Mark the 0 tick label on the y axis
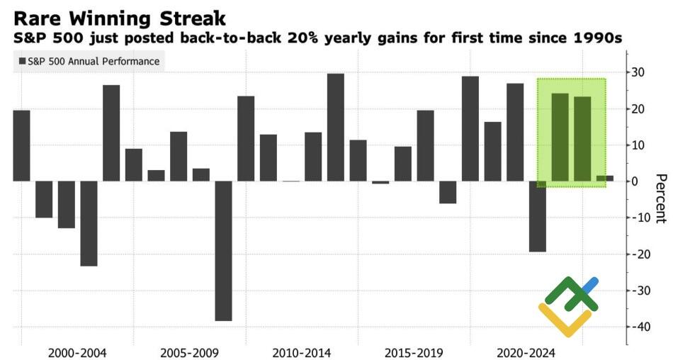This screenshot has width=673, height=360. point(637,181)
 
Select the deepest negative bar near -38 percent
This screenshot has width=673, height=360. point(224,251)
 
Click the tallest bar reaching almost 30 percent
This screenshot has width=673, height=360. point(336,128)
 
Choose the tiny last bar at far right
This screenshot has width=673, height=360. point(605,179)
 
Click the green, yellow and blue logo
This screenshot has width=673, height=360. point(569,305)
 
